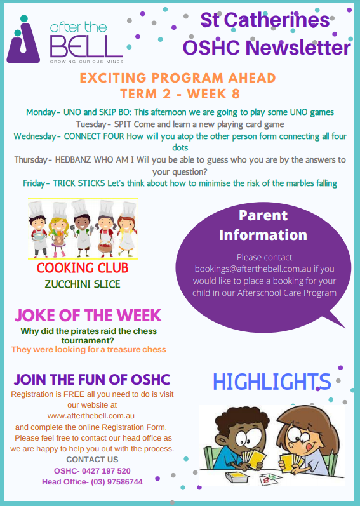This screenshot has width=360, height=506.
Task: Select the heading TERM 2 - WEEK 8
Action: pos(180,93)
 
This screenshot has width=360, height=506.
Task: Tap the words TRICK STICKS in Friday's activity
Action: pos(79,183)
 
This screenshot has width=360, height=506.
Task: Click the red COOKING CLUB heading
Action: pos(83,268)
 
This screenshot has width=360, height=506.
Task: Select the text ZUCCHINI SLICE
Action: pos(83,284)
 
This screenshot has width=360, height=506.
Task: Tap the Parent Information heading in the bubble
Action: pos(263,225)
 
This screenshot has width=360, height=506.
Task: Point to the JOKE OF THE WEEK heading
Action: pos(88,316)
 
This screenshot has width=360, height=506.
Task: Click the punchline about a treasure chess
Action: pos(88,349)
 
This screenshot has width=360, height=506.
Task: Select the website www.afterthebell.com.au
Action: pos(91,416)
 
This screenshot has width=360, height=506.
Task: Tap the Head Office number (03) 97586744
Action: pos(116,482)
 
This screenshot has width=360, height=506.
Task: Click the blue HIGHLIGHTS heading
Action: pos(272,382)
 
